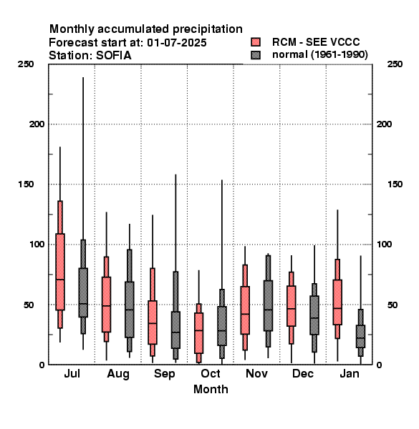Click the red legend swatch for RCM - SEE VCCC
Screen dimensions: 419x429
(256, 42)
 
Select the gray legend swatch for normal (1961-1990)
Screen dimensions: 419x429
(256, 55)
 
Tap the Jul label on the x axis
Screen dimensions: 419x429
(72, 374)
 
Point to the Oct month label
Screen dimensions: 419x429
(211, 374)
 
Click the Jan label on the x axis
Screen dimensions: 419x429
(350, 374)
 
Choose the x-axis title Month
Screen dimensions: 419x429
(211, 390)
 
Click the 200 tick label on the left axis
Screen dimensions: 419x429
(37, 124)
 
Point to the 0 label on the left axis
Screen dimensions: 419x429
(42, 365)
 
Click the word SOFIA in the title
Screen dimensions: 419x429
(114, 56)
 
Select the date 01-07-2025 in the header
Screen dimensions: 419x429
(177, 43)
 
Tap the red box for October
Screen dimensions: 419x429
(198, 333)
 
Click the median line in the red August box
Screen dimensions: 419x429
(106, 305)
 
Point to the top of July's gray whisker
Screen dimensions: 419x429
(83, 77)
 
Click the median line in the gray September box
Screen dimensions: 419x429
(175, 332)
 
